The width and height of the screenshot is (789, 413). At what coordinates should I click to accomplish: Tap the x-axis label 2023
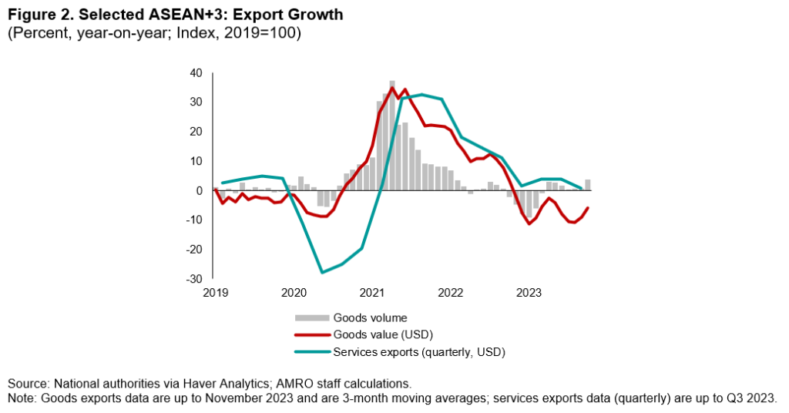(x=529, y=293)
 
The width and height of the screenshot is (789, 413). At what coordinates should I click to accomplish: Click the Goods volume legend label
(x=370, y=317)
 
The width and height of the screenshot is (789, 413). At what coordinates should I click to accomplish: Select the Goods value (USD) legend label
(x=384, y=334)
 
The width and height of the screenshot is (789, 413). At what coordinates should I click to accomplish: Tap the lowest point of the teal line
(x=322, y=272)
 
